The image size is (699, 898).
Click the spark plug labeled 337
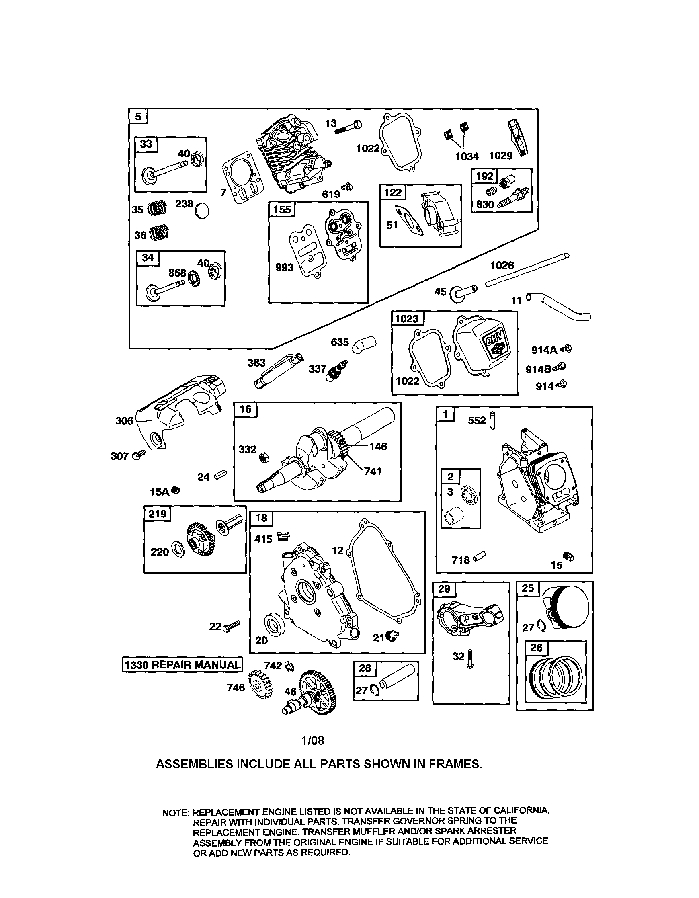[338, 371]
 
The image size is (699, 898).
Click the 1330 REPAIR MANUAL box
[182, 664]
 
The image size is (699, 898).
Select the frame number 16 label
[246, 410]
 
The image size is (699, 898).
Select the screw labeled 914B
[559, 367]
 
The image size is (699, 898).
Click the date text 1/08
[312, 740]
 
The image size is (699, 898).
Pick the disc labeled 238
[202, 211]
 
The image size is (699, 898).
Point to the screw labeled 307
[138, 455]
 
